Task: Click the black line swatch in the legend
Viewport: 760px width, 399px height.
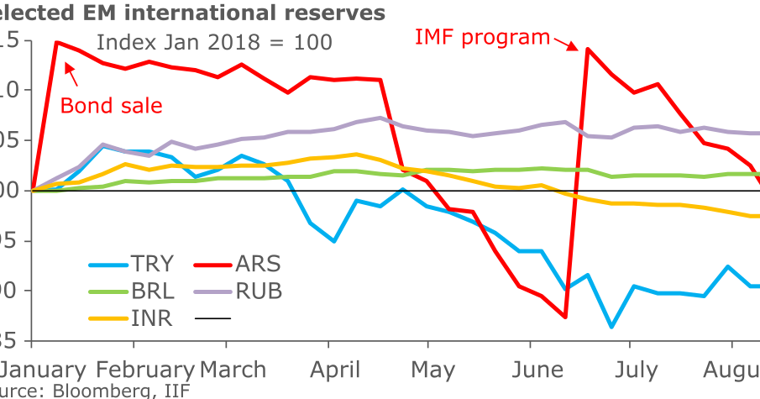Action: tap(212, 318)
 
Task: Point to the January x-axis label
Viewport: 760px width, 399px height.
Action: tap(42, 370)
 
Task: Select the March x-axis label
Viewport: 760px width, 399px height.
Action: tap(234, 370)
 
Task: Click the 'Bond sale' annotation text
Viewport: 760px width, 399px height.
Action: tap(112, 106)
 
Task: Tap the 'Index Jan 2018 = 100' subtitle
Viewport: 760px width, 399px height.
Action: tap(214, 42)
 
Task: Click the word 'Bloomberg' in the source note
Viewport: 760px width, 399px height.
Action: tap(101, 391)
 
